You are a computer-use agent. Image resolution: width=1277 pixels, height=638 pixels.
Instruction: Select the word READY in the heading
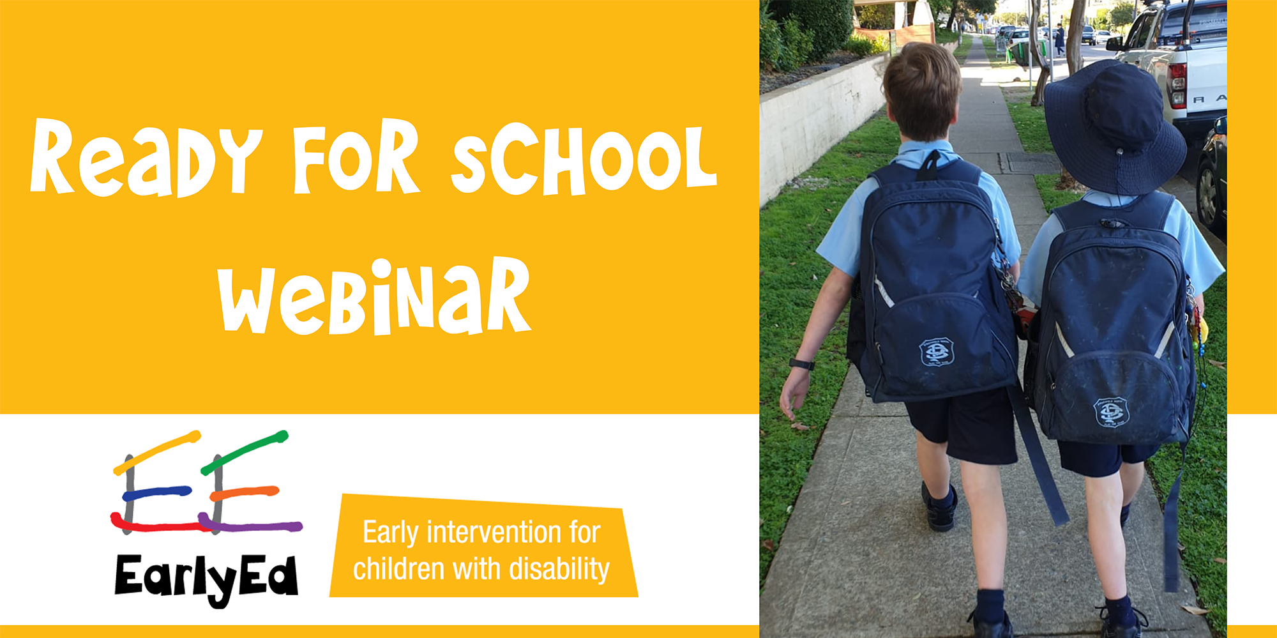[146, 158]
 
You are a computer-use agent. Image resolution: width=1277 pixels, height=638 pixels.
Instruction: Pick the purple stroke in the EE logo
[250, 525]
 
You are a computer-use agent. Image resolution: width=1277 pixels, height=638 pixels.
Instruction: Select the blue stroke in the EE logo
[156, 493]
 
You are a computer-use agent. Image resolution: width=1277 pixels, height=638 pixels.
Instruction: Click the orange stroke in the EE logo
[245, 493]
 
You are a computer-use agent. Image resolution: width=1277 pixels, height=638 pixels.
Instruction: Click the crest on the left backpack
[937, 352]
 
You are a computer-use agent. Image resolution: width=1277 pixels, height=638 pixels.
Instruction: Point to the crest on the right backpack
[1112, 412]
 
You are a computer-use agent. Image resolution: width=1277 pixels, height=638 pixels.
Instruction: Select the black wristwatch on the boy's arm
[801, 365]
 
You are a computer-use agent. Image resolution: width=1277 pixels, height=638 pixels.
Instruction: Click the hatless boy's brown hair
[922, 89]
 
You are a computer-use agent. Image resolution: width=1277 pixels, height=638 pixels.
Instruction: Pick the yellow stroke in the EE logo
[157, 453]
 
